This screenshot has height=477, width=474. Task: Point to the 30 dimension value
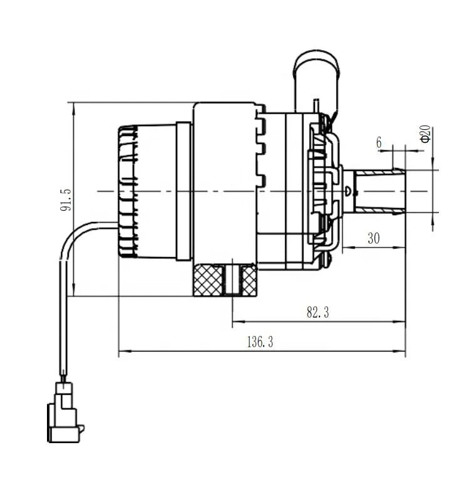pos(374,239)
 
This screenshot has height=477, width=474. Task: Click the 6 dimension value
pos(379,142)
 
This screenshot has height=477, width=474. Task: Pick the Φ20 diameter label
pos(425,134)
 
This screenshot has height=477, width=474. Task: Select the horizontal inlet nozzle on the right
pos(379,191)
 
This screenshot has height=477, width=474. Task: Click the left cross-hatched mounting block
pos(209,280)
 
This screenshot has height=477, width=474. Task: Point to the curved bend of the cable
pos(74,235)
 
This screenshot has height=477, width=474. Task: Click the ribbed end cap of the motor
pos(128,191)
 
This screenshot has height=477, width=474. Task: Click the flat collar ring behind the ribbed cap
pos(183,191)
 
